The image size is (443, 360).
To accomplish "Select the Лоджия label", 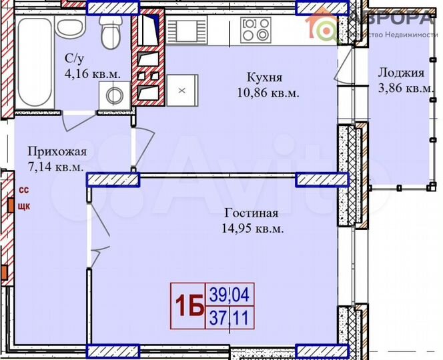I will (400, 73).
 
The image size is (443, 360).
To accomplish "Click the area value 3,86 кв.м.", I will (402, 88).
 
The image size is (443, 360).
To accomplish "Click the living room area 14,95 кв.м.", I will (253, 228).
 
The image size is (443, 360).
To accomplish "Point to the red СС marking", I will (23, 190).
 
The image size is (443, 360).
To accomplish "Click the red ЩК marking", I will (23, 205).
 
